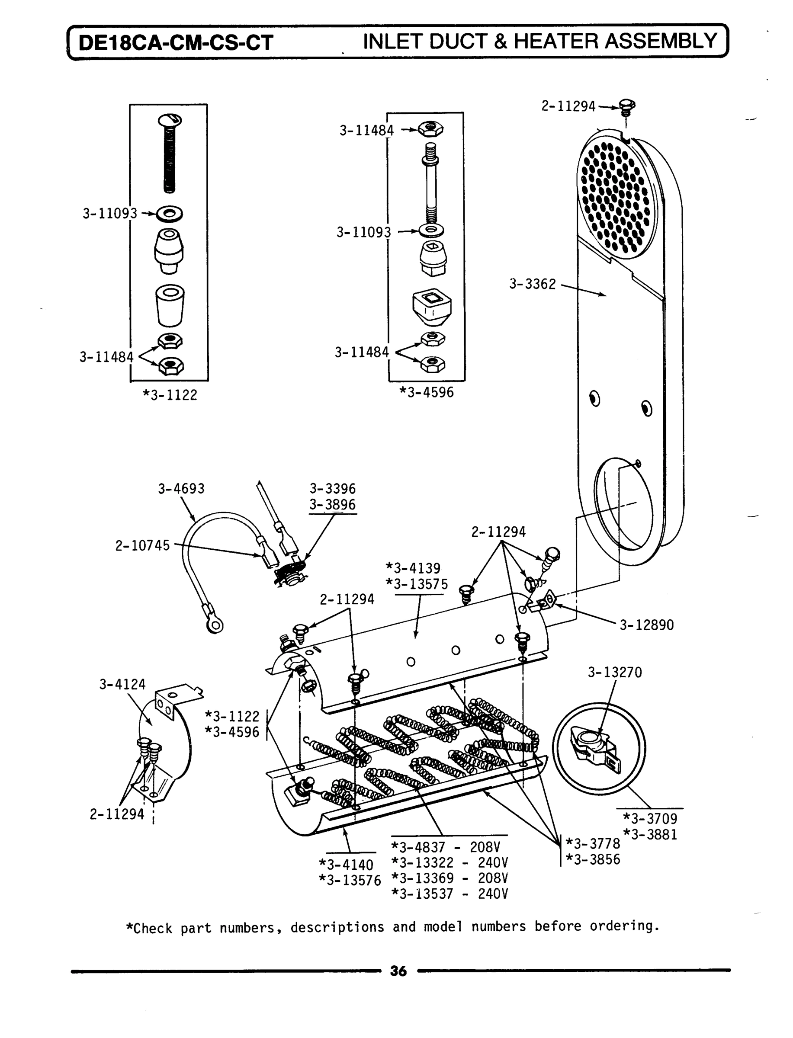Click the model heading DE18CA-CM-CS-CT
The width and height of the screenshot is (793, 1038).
[x=176, y=43]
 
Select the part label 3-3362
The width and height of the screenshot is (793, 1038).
[x=533, y=284]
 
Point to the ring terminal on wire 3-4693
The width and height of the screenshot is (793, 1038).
[x=214, y=625]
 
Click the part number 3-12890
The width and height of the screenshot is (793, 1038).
[x=646, y=625]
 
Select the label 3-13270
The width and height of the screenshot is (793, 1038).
[x=615, y=672]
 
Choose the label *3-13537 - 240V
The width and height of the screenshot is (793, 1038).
[x=449, y=894]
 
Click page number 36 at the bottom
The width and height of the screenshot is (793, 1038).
[x=398, y=971]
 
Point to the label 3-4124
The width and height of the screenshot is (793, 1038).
[x=122, y=684]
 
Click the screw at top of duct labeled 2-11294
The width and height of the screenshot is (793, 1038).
[x=626, y=107]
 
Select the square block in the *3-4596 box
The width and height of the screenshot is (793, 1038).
[x=431, y=306]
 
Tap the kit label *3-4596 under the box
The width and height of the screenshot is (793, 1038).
[x=426, y=392]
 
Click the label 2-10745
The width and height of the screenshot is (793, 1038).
[x=142, y=545]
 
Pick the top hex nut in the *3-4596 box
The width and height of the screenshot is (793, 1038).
[x=430, y=128]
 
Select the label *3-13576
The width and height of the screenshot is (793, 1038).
[x=350, y=881]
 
